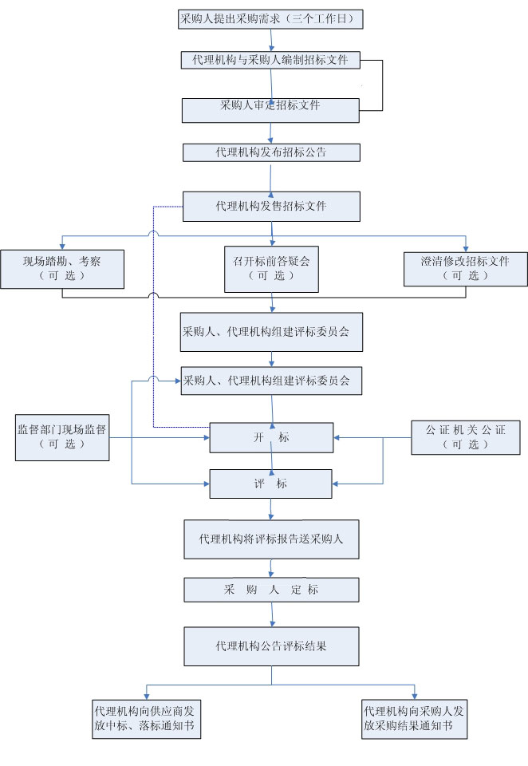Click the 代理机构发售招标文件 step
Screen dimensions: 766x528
coord(271,206)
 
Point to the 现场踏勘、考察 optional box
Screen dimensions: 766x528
coord(62,268)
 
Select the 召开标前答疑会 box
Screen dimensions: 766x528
coord(271,268)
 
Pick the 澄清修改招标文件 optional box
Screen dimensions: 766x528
coord(465,268)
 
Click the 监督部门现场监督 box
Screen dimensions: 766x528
coord(62,436)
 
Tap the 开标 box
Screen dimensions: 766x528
coord(271,437)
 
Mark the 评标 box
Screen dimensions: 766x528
coord(271,484)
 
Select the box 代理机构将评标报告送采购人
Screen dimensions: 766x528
coord(271,539)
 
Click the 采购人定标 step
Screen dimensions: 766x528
coord(271,590)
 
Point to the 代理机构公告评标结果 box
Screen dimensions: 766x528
coord(271,646)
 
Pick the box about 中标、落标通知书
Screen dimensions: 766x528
coord(145,718)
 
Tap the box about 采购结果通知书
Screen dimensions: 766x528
coord(413,718)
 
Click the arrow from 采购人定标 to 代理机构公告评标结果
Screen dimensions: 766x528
coord(272,614)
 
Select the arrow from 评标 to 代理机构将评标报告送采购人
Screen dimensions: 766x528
coord(272,509)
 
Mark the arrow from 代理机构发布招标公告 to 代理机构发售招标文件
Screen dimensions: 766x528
coord(272,177)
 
